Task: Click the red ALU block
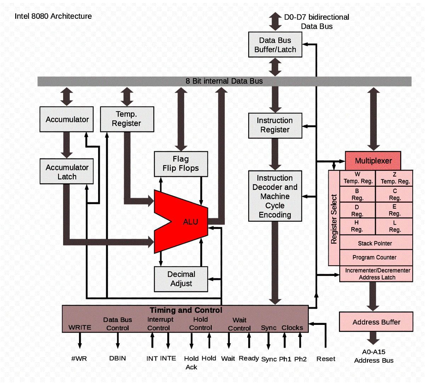coord(184,222)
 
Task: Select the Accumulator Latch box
coord(67,171)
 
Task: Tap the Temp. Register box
coord(127,119)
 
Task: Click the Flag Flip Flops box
coord(181,164)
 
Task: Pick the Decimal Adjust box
coord(181,279)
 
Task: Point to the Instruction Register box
coord(275,125)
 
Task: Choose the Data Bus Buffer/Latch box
coord(275,45)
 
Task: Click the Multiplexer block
coord(373,161)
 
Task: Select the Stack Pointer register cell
coord(375,243)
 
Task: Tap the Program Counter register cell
coord(375,258)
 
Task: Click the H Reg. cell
coord(357,226)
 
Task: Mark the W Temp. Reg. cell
coord(357,178)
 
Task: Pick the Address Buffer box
coord(376,322)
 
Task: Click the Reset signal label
coord(326,359)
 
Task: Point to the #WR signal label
coord(79,359)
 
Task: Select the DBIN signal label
coord(118,358)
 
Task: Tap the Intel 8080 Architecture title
coord(53,16)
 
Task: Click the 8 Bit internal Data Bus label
coord(224,81)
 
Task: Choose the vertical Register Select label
coord(334,219)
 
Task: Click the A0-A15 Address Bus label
coord(374,356)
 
